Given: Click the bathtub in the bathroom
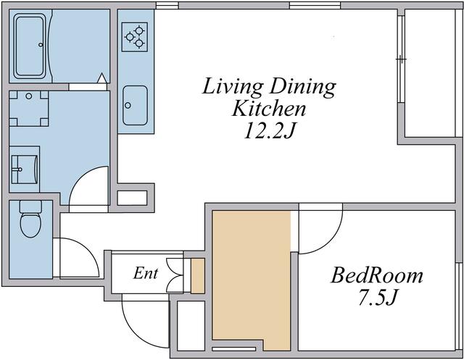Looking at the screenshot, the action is (30, 46).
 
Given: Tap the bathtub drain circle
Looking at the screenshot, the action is (41, 45).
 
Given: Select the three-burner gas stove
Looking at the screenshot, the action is (135, 37).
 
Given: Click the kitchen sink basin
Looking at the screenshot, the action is (135, 106).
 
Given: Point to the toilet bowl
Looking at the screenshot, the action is (30, 225).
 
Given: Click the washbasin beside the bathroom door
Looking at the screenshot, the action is (24, 169).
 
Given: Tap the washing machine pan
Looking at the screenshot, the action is (29, 109).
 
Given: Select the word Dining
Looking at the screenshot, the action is (303, 87).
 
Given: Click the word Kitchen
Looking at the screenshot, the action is (269, 109).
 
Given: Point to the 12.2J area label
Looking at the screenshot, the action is (270, 130).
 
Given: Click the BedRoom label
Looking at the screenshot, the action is (377, 275).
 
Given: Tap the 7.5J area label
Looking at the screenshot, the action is (377, 297).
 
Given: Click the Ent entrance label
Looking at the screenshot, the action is (145, 273).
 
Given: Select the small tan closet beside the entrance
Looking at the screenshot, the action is (198, 276).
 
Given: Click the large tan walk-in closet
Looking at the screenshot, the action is (252, 278).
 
